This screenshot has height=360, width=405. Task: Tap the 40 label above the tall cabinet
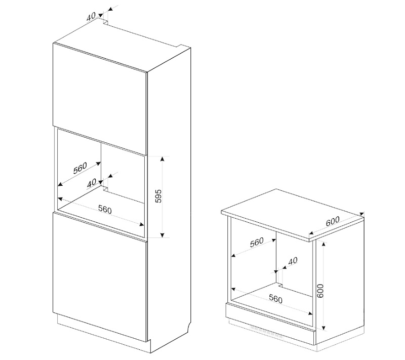pyautogui.click(x=91, y=17)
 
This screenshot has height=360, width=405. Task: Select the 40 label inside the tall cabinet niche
pyautogui.click(x=92, y=183)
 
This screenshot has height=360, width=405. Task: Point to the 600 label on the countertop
pyautogui.click(x=333, y=221)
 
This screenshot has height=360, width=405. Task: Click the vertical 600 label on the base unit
pyautogui.click(x=320, y=291)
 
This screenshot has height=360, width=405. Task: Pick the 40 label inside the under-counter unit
pyautogui.click(x=293, y=261)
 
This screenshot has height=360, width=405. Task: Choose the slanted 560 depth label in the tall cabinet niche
pyautogui.click(x=80, y=168)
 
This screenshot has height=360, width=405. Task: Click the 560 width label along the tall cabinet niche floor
pyautogui.click(x=105, y=209)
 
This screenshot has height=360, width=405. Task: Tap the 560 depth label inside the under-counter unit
pyautogui.click(x=257, y=242)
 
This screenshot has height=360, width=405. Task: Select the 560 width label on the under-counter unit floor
pyautogui.click(x=275, y=299)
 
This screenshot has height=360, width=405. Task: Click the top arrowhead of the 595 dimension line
pyautogui.click(x=162, y=158)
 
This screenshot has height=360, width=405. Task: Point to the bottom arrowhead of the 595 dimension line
pyautogui.click(x=162, y=235)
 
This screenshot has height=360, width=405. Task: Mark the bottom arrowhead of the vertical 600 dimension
pyautogui.click(x=323, y=328)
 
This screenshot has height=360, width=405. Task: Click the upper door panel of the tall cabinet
pyautogui.click(x=100, y=99)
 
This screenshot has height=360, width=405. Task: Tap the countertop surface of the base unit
pyautogui.click(x=292, y=215)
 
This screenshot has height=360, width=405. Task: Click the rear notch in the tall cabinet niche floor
pyautogui.click(x=105, y=187)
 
